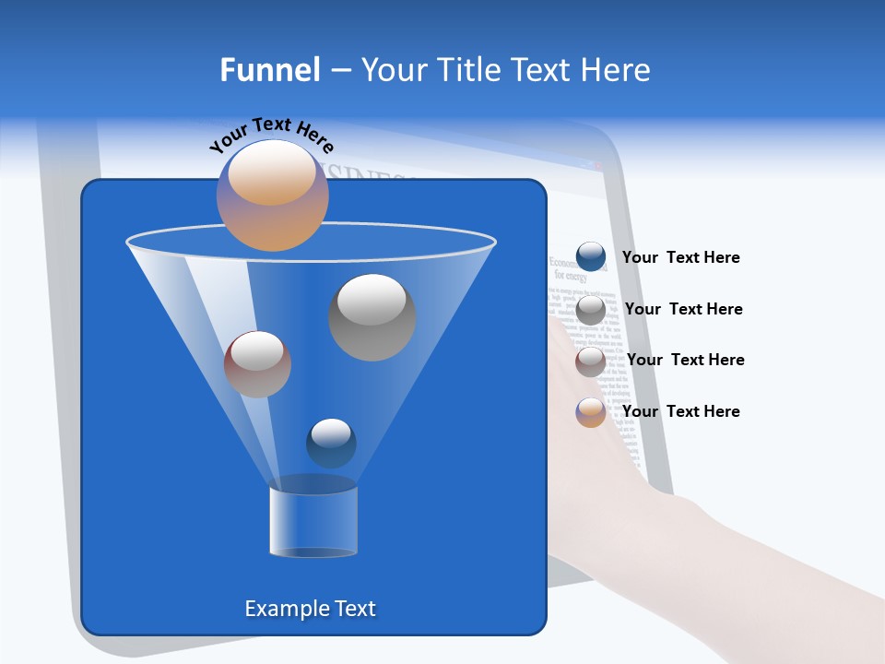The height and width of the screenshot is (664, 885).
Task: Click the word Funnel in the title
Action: pyautogui.click(x=269, y=70)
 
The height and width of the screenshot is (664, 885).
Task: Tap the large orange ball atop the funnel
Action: pyautogui.click(x=272, y=195)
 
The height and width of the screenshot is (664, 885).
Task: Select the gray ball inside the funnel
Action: pyautogui.click(x=372, y=317)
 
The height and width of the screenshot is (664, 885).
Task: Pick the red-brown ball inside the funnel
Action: pyautogui.click(x=257, y=364)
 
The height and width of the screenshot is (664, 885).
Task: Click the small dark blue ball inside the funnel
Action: pyautogui.click(x=331, y=443)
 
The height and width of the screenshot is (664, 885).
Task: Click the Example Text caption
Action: pyautogui.click(x=310, y=609)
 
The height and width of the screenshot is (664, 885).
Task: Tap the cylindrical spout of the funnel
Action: pyautogui.click(x=313, y=521)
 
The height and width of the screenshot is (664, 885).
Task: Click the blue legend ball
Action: pyautogui.click(x=591, y=257)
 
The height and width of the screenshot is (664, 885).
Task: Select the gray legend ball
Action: pyautogui.click(x=591, y=309)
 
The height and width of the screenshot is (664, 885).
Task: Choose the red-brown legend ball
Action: pyautogui.click(x=591, y=361)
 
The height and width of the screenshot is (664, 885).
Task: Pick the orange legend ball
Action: pyautogui.click(x=591, y=412)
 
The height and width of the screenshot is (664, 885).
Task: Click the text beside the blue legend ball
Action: pyautogui.click(x=680, y=257)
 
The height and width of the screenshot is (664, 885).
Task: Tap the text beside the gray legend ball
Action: pyautogui.click(x=683, y=309)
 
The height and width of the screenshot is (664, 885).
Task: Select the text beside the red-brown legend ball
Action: pyautogui.click(x=685, y=360)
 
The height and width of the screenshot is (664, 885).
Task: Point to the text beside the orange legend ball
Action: pyautogui.click(x=680, y=411)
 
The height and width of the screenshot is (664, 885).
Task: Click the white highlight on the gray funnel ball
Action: pyautogui.click(x=372, y=300)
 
